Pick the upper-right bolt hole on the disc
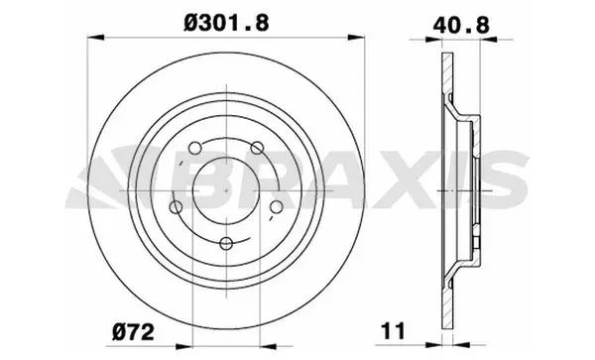point(256,148)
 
